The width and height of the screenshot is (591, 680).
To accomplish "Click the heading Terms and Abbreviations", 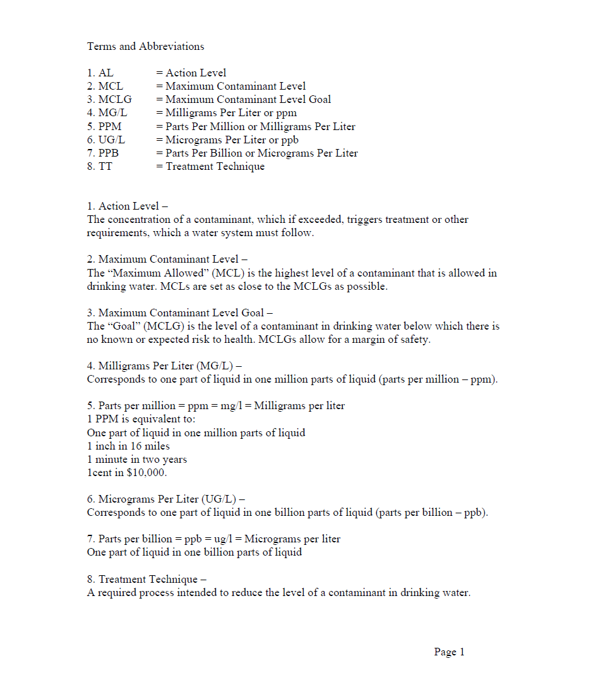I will tap(145, 46).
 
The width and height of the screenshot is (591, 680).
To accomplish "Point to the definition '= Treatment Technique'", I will tap(210, 167).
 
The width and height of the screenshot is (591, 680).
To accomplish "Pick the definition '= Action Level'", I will tap(191, 73).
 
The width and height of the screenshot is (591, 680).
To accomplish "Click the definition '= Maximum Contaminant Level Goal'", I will tap(243, 99).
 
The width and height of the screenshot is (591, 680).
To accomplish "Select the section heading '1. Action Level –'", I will tap(128, 206).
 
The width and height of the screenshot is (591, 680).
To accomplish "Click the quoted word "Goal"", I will tap(126, 326).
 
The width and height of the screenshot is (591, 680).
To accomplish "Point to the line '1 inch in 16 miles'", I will tap(128, 446).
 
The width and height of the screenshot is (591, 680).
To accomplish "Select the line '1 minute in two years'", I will tap(136, 460).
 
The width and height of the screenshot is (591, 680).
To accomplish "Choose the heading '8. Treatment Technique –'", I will tap(146, 579).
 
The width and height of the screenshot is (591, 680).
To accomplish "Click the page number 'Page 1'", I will tap(449, 652).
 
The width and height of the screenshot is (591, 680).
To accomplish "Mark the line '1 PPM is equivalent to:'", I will tap(141, 420).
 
